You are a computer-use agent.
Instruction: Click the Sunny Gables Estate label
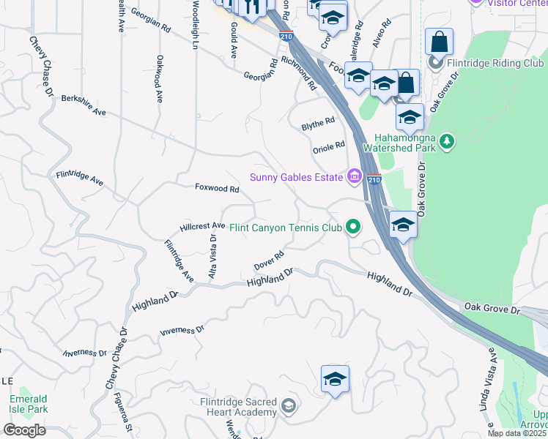coord(297,176)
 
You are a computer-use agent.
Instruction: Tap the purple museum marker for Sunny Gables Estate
coord(355,176)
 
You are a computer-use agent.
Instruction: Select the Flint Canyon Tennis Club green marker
coord(353,227)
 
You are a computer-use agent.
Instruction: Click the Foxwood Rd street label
coord(217,188)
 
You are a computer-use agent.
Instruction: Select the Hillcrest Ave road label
coord(202,226)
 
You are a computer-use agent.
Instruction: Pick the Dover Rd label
coord(268,260)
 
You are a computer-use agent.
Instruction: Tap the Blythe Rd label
coord(318,124)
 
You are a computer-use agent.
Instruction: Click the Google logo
coord(23,430)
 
